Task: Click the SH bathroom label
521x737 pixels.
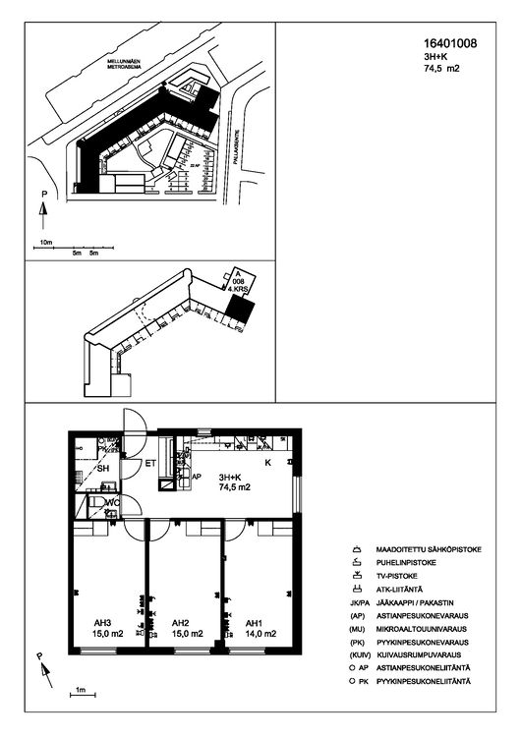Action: tap(102, 469)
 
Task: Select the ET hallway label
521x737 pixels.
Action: tap(151, 463)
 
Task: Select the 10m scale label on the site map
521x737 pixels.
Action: tap(45, 241)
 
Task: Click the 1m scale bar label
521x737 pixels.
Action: tap(79, 691)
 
